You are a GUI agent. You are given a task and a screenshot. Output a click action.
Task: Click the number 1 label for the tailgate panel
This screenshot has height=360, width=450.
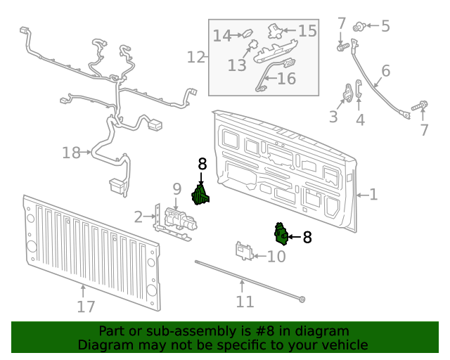click(373, 195)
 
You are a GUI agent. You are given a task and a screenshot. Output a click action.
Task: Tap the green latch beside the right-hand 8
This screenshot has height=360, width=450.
click(281, 234)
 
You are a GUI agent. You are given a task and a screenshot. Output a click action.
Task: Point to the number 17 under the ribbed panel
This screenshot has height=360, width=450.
click(85, 307)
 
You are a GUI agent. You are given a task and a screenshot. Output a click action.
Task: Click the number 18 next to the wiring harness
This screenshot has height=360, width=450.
click(71, 152)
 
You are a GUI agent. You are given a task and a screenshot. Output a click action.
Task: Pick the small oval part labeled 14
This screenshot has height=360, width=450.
click(247, 33)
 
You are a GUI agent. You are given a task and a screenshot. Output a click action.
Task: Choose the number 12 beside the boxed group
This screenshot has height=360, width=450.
click(196, 57)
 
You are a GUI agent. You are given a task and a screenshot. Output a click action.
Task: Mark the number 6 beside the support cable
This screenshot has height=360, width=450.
click(385, 71)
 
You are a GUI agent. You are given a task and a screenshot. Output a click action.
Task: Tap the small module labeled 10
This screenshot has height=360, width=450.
click(244, 251)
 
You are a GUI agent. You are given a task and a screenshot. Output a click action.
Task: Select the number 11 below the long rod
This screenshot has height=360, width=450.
click(244, 302)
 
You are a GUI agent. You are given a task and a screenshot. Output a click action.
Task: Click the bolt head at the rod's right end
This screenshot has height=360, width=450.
click(302, 300)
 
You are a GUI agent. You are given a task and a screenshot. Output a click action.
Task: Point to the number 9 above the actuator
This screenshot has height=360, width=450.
click(176, 188)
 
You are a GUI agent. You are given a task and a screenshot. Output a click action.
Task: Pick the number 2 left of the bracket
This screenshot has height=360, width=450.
click(139, 217)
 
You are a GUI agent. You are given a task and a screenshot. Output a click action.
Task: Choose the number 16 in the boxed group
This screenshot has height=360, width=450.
click(286, 79)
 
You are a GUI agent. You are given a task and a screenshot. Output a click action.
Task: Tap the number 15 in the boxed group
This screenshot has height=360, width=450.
click(307, 31)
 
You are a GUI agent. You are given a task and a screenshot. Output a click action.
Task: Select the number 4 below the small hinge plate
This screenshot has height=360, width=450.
click(360, 120)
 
